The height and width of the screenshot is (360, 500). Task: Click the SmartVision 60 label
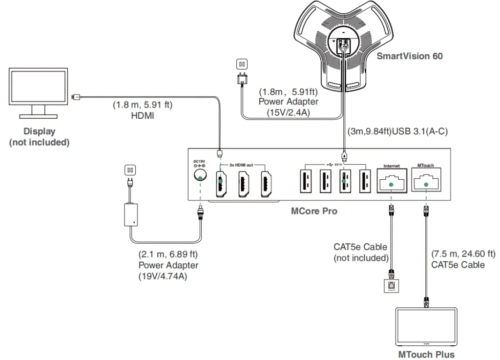click(409, 56)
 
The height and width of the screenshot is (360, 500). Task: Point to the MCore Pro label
click(314, 212)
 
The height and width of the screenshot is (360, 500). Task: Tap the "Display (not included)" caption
click(39, 137)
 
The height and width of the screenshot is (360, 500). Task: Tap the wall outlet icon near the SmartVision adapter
click(241, 64)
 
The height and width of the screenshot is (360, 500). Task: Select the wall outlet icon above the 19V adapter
click(130, 170)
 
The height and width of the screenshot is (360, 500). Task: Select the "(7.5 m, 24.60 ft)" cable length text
click(463, 254)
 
